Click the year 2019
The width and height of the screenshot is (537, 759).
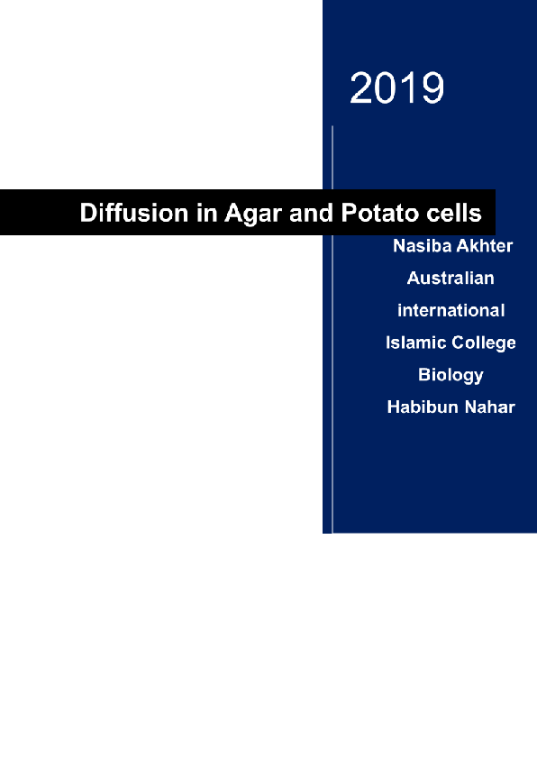click(396, 88)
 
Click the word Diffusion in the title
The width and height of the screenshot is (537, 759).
click(126, 215)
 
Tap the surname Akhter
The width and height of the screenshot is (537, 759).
click(483, 245)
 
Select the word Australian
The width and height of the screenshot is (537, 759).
click(451, 278)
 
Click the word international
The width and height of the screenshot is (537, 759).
click(451, 310)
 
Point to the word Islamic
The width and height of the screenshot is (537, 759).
click(414, 343)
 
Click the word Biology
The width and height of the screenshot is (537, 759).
click(451, 375)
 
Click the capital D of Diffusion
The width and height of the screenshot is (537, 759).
click(88, 215)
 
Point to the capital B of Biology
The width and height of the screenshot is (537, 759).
click(423, 375)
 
